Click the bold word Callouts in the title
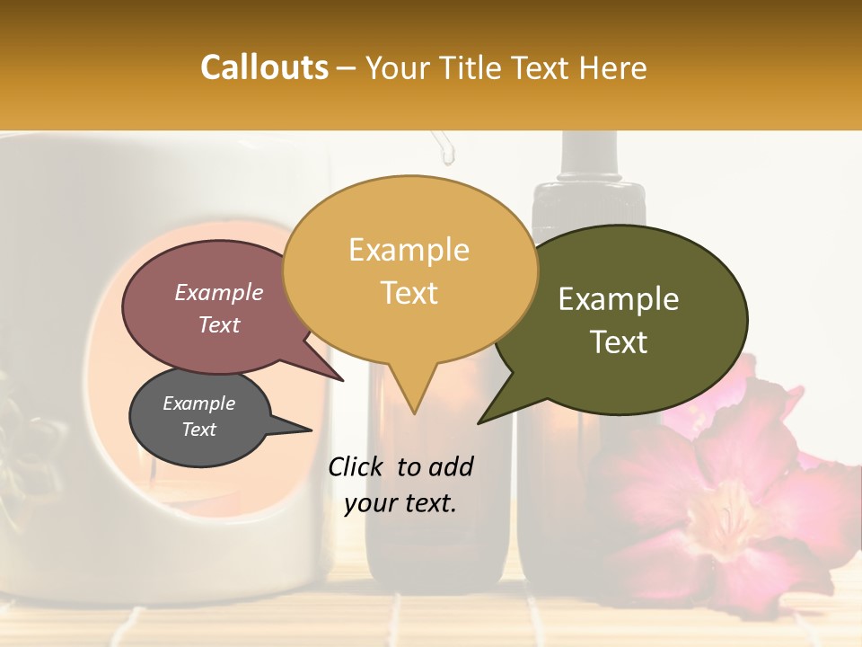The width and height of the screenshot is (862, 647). point(264,67)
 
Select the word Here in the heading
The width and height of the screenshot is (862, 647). point(611,67)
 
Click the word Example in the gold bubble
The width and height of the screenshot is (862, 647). point(409,250)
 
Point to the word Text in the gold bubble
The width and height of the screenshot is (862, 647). point(409,292)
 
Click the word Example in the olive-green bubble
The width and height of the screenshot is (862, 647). point(619,299)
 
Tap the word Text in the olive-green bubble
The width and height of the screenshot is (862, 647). point(620,341)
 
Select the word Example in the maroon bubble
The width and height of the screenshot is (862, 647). point(219,292)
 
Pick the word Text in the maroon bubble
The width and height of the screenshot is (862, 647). point(219,324)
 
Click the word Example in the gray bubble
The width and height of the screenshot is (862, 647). point(199,403)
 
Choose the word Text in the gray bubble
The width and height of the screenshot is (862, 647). point(199,430)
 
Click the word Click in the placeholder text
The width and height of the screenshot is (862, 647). point(359,466)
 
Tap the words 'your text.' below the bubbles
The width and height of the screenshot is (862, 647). point(400,503)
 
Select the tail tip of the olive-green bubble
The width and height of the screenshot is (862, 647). point(479,422)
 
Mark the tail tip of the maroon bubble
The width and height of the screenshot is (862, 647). point(343,380)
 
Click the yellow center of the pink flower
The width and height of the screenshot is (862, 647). point(727,512)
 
